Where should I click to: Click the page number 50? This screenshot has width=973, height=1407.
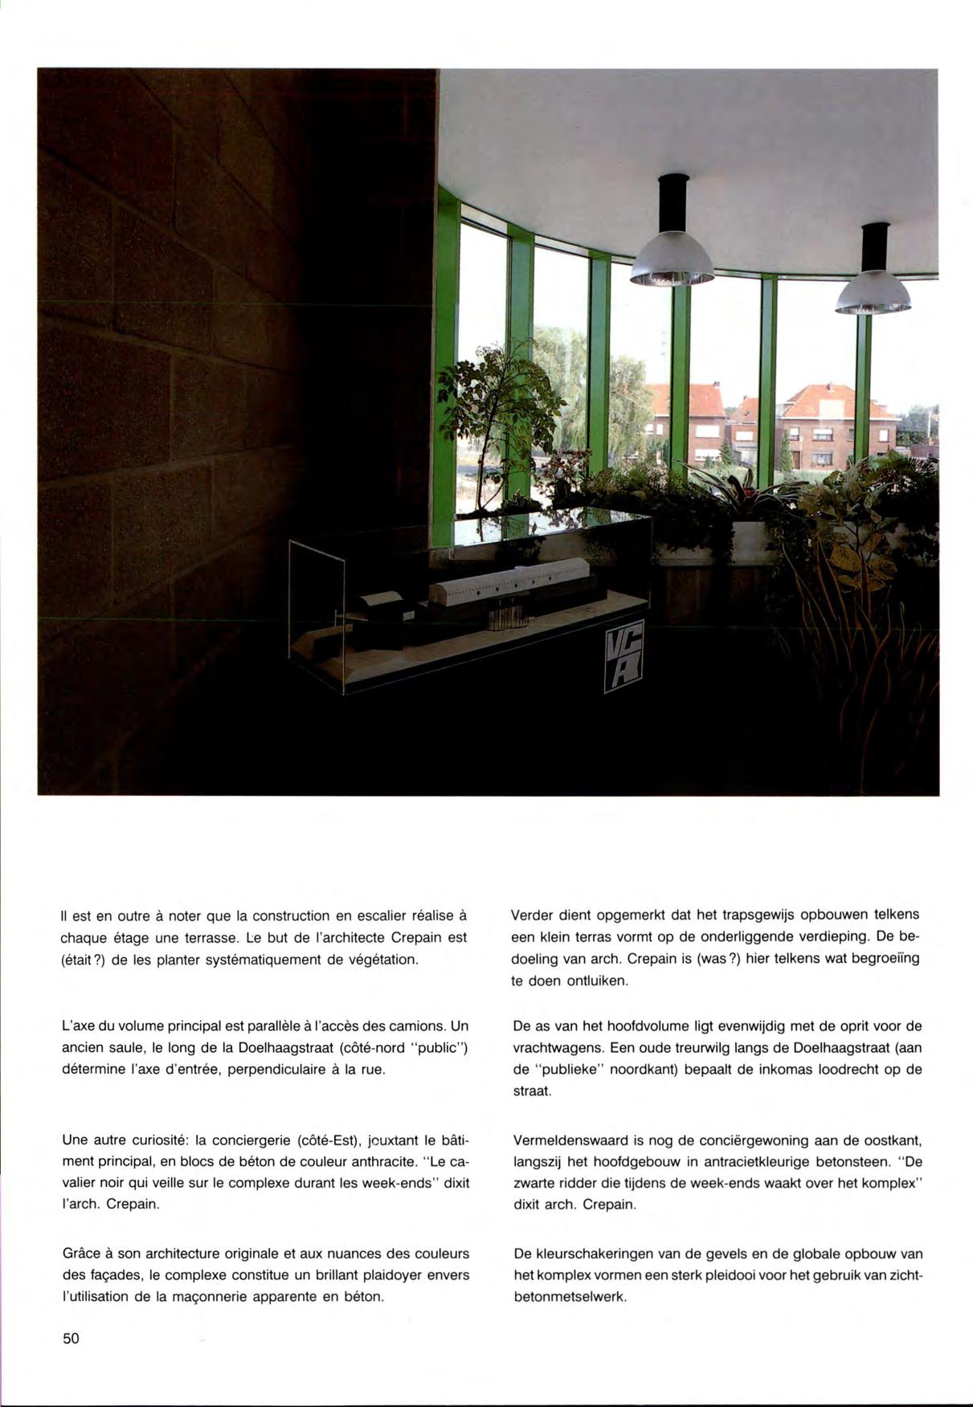coord(71,1338)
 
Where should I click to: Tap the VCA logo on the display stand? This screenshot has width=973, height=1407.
coord(623,657)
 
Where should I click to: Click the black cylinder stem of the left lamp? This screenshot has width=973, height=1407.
coord(673,202)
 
